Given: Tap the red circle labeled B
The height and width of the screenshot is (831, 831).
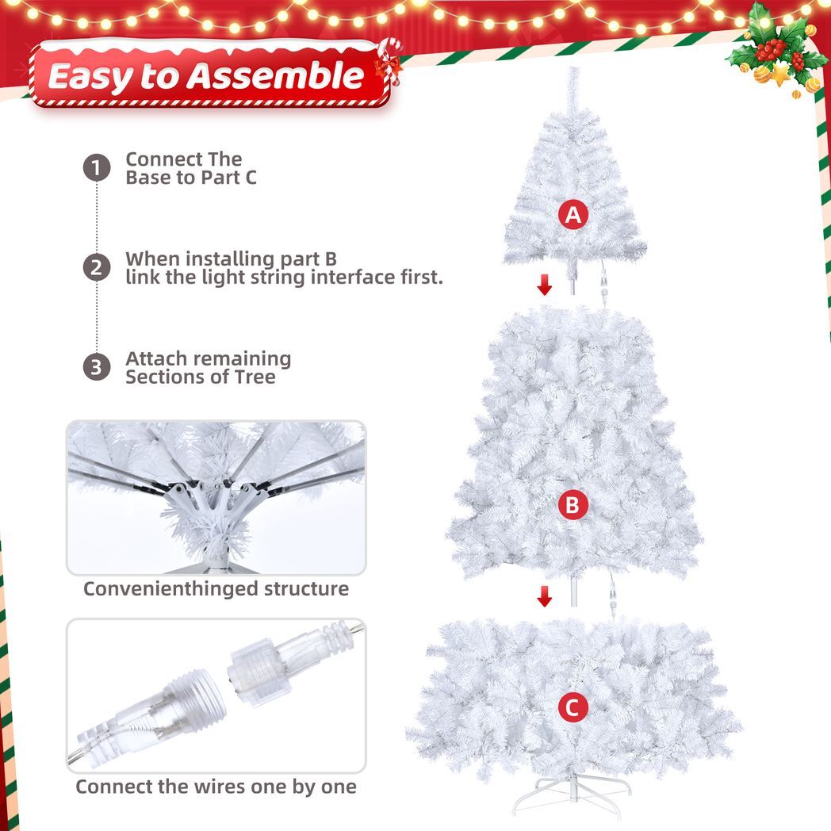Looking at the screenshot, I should [x=573, y=505].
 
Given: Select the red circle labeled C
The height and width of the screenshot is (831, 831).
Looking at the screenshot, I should [x=573, y=708].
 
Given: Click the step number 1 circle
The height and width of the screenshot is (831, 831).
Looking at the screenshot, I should [x=97, y=168].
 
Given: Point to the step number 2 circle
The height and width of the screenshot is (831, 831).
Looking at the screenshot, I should [x=97, y=268].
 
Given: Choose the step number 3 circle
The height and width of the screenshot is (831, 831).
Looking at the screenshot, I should [x=97, y=367].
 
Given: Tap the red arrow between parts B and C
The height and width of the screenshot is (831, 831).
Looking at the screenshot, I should [x=544, y=596].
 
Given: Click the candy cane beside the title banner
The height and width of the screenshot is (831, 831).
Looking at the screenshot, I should [x=389, y=63].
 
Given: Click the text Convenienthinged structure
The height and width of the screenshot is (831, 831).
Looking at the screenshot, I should [x=216, y=589].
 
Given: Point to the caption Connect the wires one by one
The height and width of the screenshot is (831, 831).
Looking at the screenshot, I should [x=216, y=787].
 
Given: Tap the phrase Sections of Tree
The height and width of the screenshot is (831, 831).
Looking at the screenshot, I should [x=200, y=377].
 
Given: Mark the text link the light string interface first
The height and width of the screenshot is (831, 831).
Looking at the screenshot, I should [x=284, y=278].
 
